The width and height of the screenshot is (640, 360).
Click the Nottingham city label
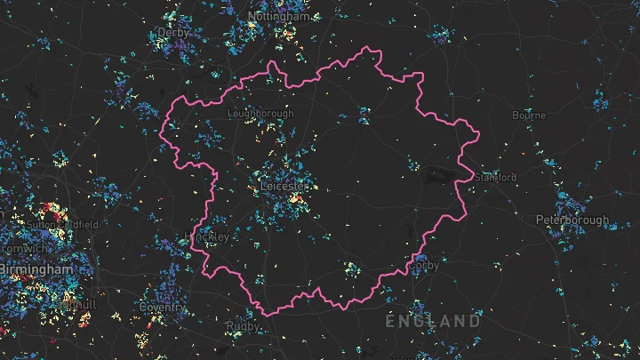[280, 16]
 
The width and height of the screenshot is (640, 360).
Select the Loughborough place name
[260, 114]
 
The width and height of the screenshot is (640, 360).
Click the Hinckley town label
[207, 236]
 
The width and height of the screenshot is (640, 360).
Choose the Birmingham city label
[36, 268]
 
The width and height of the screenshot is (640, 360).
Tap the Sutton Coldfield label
[60, 224]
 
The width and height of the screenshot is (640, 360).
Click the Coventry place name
[162, 308]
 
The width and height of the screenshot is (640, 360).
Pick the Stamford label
[496, 178]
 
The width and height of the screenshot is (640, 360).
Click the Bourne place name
[529, 116]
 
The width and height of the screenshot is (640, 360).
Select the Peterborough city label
[572, 220]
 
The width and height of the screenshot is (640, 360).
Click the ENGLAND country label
[433, 320]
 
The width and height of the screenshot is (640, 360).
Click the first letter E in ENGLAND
[391, 320]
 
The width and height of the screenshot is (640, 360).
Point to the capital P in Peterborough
[539, 220]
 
